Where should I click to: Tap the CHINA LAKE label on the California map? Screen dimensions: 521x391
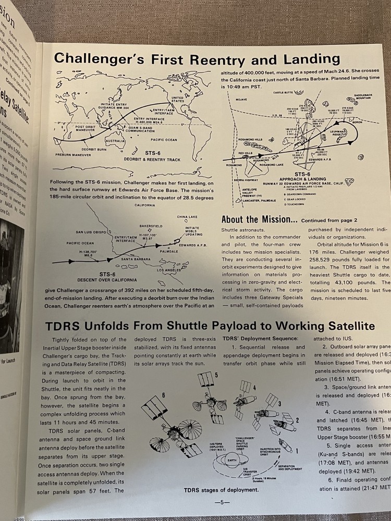coord(188,216)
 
